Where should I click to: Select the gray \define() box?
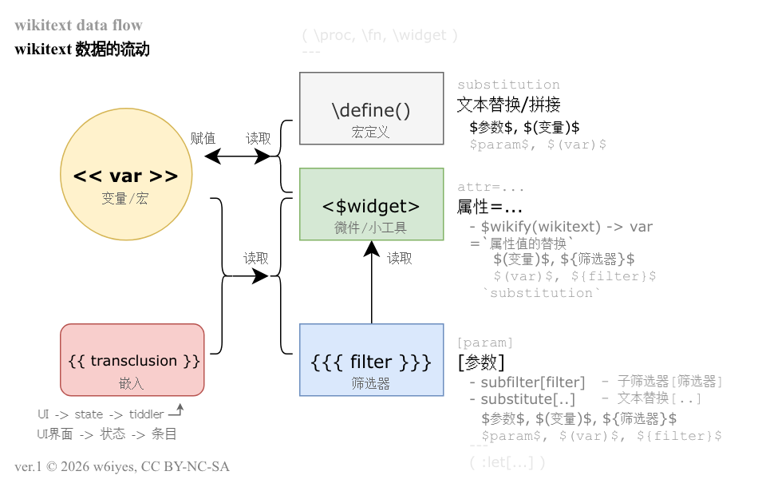pos(371,109)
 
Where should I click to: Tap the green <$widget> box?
pos(371,204)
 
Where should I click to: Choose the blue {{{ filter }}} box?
pos(371,360)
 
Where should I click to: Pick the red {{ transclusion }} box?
pos(132,360)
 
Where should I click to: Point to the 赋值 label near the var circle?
pos(203,138)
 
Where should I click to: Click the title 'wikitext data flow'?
pos(78,26)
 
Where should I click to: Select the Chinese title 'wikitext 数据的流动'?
pos(82,49)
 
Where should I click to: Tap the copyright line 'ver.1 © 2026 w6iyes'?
pos(122,466)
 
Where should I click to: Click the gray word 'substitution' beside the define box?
pos(508,85)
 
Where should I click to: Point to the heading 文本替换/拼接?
pos(508,105)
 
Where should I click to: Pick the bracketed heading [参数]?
pos(480,362)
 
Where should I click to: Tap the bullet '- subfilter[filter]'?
pos(527,382)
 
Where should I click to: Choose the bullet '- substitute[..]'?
pos(522,399)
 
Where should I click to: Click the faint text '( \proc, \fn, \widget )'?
pos(380,35)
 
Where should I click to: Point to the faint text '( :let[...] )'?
pos(507,462)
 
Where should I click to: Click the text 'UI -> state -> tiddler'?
pos(101,414)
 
